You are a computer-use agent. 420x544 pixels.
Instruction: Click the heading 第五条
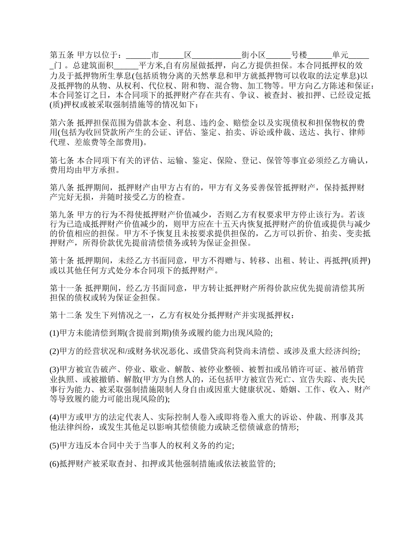click(62, 56)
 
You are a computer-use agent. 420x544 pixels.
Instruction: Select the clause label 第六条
click(62, 123)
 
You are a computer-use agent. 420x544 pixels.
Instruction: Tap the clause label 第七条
click(62, 160)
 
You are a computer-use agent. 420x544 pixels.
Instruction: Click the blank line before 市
click(138, 56)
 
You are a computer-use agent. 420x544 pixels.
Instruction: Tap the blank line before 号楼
click(278, 56)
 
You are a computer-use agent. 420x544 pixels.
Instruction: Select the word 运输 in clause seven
click(176, 160)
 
